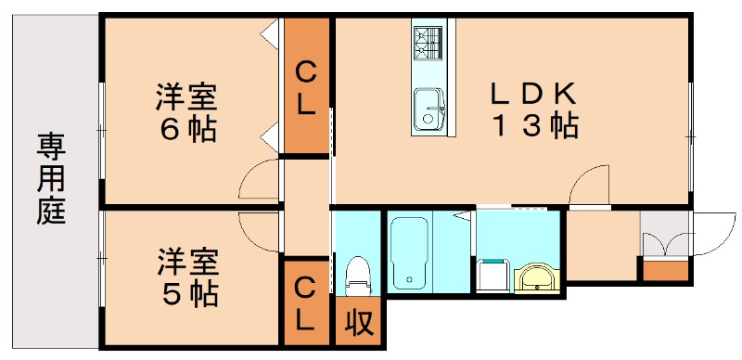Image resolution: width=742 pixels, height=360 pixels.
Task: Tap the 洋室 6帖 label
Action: pyautogui.click(x=185, y=111)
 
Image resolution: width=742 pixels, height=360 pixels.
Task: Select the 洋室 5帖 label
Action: pyautogui.click(x=185, y=277)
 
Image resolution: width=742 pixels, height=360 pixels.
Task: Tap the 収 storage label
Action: pyautogui.click(x=358, y=322)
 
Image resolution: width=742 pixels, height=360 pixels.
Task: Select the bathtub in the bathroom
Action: pyautogui.click(x=407, y=251)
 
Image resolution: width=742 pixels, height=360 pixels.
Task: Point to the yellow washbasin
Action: pyautogui.click(x=536, y=276)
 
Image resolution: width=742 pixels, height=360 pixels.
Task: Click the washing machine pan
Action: pyautogui.click(x=492, y=274)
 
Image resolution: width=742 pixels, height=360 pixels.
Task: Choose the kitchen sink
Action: pyautogui.click(x=428, y=109)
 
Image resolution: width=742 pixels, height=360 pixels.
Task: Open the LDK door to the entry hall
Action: pyautogui.click(x=590, y=186)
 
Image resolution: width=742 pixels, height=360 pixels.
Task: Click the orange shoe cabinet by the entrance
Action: pyautogui.click(x=666, y=271)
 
